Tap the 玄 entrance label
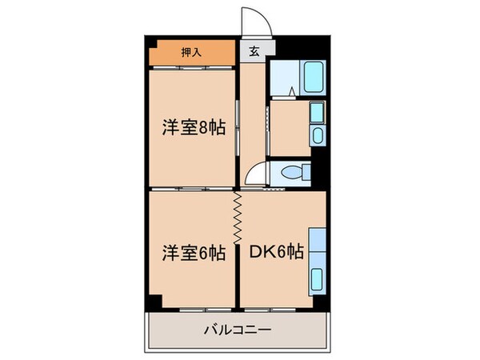point(254,53)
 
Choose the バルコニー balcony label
point(238,329)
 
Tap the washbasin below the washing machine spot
point(317,134)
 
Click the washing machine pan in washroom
point(317,113)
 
